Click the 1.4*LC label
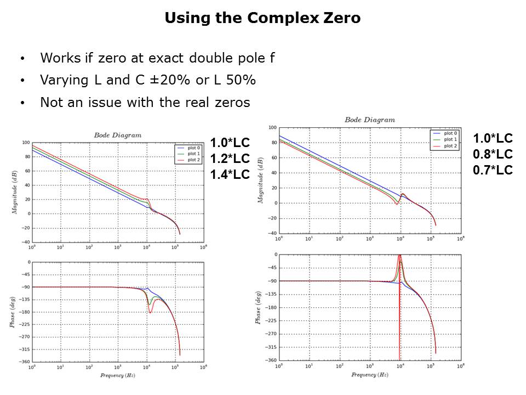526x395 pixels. [230, 175]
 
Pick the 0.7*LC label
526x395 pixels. [493, 170]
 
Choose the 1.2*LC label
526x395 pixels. [230, 159]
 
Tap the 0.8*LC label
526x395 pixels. [493, 154]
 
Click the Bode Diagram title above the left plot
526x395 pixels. [117, 135]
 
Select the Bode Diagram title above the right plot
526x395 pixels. [370, 120]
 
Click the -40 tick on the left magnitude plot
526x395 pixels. [25, 242]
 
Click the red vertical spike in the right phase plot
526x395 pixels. [399, 318]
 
